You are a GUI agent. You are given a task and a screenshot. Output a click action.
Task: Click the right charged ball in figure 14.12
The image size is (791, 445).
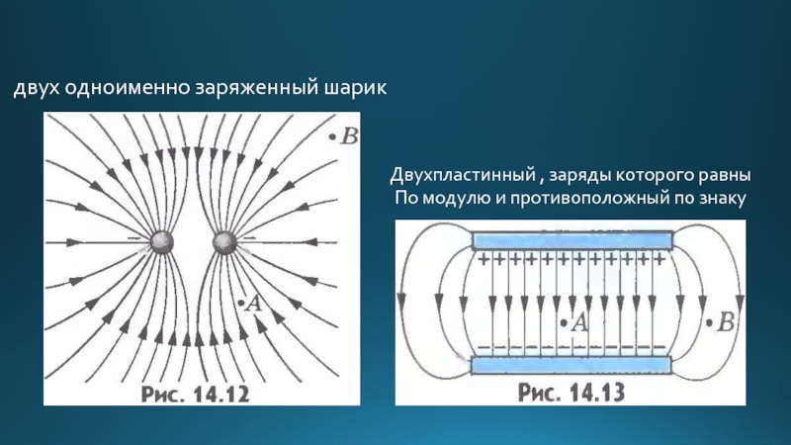pos(222,241)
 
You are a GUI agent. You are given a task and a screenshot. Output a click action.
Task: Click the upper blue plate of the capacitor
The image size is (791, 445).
pos(572,240)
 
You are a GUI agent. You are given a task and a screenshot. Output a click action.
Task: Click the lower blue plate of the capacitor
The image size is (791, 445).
pos(572,365)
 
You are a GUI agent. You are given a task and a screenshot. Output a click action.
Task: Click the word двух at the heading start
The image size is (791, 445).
pos(37,91)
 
